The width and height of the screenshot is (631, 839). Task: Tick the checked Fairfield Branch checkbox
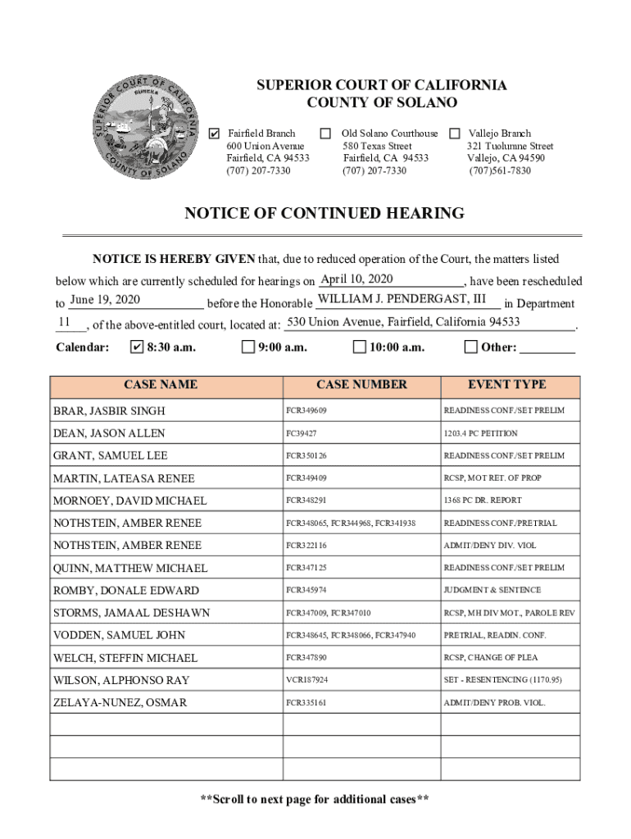(x=215, y=134)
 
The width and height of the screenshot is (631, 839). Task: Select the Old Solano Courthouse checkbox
(x=325, y=134)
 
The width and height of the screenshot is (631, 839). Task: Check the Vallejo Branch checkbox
(x=455, y=134)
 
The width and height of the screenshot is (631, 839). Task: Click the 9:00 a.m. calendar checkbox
(x=248, y=347)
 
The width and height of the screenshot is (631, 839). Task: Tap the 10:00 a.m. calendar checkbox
(x=359, y=347)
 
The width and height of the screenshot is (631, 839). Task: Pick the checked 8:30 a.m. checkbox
(x=137, y=347)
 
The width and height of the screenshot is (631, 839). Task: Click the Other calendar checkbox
(x=470, y=347)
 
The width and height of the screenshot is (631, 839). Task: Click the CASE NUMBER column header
(x=361, y=384)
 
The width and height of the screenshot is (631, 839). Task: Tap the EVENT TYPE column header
(x=506, y=384)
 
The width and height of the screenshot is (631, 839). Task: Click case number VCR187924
(x=306, y=681)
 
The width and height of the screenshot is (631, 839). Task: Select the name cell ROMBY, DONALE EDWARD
(x=125, y=591)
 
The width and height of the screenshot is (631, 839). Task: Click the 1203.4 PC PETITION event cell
(x=480, y=433)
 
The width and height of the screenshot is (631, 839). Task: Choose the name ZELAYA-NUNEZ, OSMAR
(x=120, y=703)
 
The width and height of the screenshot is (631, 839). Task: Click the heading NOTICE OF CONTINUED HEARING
(x=325, y=214)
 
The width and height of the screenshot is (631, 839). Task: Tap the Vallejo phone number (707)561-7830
(x=500, y=171)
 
